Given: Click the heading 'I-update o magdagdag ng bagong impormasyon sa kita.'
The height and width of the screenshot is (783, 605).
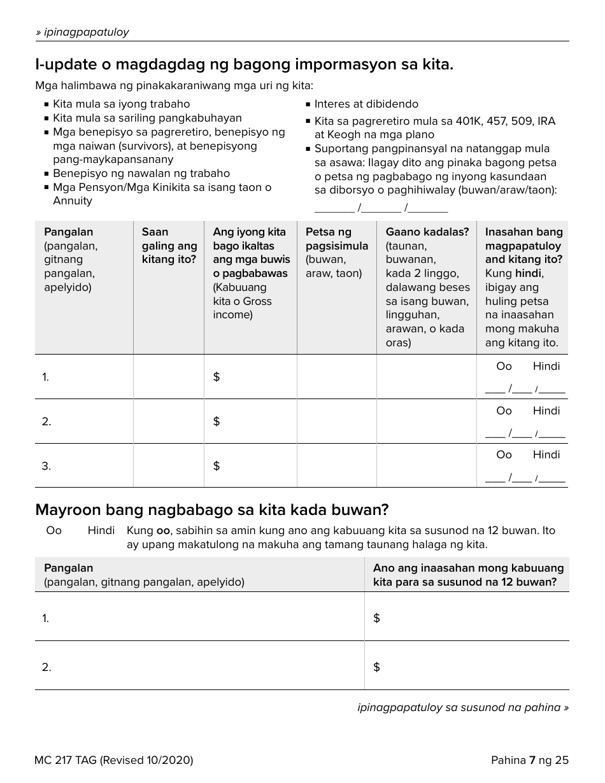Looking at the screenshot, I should click(x=245, y=64).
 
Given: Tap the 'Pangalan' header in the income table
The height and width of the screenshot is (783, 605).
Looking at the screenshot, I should click(x=68, y=232).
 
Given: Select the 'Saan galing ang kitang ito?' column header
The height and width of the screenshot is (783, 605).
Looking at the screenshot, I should click(x=169, y=246).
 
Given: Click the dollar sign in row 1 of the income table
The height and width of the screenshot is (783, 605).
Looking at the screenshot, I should click(x=217, y=377).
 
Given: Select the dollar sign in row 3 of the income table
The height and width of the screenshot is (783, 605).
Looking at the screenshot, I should click(x=217, y=466).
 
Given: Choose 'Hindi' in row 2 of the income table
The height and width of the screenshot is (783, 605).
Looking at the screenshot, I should click(x=546, y=411).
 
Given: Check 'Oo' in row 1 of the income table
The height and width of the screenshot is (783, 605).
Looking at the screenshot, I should click(x=504, y=366).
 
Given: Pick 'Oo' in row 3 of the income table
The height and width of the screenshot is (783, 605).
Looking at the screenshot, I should click(x=504, y=455).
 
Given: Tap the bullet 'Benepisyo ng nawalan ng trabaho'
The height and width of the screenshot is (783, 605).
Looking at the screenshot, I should click(x=141, y=173).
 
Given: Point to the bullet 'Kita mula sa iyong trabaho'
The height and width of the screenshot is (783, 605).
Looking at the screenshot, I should click(x=121, y=104).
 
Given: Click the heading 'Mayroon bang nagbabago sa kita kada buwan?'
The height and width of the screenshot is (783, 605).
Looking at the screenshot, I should click(x=211, y=510).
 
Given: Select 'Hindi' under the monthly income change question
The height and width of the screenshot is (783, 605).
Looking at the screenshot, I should click(x=101, y=530).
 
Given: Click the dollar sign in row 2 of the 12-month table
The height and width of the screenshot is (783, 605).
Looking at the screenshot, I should click(x=376, y=667).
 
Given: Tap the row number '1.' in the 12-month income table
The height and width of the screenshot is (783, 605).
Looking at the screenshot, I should click(x=46, y=618).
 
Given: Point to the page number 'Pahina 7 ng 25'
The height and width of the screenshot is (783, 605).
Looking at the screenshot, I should click(x=529, y=760).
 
